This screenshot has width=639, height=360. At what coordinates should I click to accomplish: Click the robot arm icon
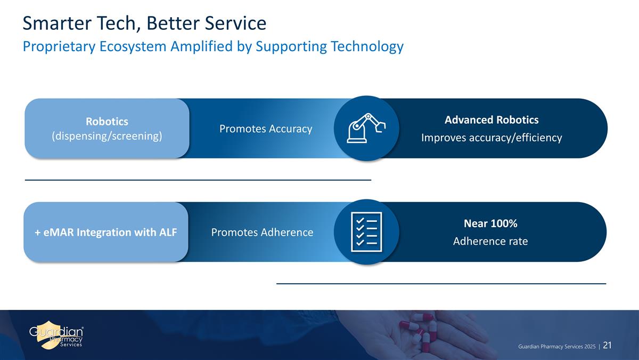(x=366, y=127)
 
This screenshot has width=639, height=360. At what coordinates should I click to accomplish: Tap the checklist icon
(x=366, y=232)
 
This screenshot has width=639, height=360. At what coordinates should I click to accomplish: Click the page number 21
(x=608, y=346)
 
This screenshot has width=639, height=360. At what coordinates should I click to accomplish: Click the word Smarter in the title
(x=58, y=23)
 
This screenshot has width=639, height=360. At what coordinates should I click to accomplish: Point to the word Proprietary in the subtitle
(x=59, y=47)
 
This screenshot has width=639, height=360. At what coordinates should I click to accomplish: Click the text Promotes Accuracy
(x=266, y=129)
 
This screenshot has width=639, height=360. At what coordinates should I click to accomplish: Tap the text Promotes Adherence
(x=262, y=233)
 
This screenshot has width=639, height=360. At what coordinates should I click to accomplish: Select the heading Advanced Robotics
(x=491, y=120)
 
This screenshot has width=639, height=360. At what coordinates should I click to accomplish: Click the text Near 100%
(x=490, y=223)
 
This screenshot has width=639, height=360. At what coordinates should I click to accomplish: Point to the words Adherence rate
(x=490, y=242)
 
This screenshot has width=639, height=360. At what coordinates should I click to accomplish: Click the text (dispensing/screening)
(x=107, y=137)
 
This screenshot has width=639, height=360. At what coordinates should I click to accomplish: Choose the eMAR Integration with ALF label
(x=106, y=233)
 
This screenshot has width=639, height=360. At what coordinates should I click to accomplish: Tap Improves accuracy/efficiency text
(x=491, y=138)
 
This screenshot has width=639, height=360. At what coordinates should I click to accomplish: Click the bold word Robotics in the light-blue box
(x=107, y=122)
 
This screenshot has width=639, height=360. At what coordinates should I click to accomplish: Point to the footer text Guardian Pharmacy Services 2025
(x=557, y=347)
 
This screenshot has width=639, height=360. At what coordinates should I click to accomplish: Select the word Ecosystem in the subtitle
(x=133, y=47)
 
